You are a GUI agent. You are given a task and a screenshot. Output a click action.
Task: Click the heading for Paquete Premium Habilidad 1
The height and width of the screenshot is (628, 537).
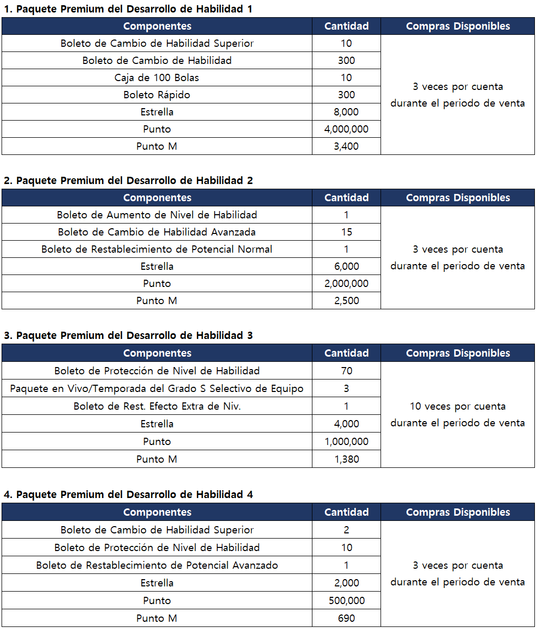tap(128, 9)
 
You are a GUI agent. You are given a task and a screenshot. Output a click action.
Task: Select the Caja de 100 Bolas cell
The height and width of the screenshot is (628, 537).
tap(156, 77)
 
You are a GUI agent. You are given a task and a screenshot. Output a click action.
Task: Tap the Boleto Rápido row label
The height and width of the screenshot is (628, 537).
tap(156, 95)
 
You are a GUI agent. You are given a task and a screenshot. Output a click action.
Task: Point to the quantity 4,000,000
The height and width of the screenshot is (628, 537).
tap(346, 129)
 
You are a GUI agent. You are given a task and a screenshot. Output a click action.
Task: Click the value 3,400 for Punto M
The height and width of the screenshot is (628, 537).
tap(346, 146)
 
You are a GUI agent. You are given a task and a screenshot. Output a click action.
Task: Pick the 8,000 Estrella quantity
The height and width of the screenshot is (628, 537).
tap(346, 112)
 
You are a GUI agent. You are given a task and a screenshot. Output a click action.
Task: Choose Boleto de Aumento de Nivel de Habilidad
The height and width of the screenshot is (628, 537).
tap(156, 215)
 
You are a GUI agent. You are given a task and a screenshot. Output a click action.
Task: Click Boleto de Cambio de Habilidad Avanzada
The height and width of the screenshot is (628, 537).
tap(156, 232)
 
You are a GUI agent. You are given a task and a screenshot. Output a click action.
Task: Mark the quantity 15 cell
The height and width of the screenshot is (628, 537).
tap(346, 232)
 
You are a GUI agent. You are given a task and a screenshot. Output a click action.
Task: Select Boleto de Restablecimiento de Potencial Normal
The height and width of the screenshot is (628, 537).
tap(156, 249)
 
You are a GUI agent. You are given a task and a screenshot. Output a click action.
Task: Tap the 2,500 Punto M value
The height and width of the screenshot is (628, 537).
tap(346, 300)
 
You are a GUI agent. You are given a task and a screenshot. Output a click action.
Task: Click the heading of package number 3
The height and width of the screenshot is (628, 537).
tap(128, 335)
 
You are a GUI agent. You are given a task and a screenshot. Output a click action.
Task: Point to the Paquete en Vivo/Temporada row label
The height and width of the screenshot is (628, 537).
tap(156, 388)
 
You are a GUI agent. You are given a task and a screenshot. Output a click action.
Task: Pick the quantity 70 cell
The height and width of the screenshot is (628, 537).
tap(346, 371)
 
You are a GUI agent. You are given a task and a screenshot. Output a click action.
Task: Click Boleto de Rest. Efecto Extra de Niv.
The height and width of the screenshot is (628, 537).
tap(156, 406)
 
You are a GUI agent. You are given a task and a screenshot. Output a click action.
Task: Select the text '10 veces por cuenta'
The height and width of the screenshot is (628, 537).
tap(457, 406)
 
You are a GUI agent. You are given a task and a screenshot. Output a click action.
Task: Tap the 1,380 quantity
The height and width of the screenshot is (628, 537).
tap(346, 459)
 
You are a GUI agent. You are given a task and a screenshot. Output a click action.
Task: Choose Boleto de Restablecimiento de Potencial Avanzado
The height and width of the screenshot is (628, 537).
tap(156, 565)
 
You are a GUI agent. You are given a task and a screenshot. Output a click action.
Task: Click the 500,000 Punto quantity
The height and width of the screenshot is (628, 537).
tap(346, 600)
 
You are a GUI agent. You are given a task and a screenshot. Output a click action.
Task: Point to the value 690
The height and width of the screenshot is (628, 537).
tap(346, 618)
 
